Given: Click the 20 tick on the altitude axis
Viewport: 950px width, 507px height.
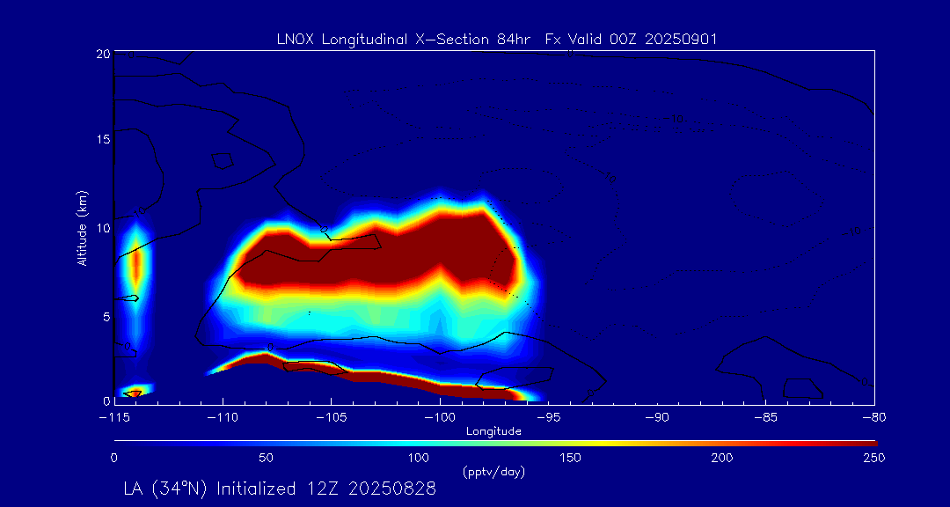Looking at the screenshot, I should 103,54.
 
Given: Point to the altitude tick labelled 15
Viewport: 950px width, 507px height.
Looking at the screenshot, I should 103,140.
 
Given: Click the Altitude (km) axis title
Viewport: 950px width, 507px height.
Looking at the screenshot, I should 83,228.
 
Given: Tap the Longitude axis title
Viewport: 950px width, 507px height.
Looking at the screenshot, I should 493,430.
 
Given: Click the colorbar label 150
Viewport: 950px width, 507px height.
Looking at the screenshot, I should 570,458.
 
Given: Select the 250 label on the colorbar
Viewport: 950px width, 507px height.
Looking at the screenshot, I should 874,458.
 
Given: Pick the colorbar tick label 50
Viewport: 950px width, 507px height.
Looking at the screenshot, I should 267,458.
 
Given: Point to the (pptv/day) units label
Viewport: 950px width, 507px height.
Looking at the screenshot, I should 493,472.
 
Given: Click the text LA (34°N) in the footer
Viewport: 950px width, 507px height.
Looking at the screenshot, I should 166,489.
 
